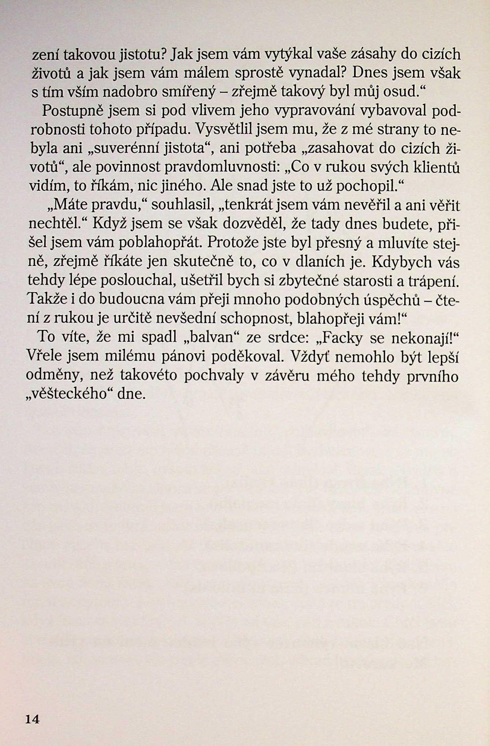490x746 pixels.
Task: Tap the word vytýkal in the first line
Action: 289,55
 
